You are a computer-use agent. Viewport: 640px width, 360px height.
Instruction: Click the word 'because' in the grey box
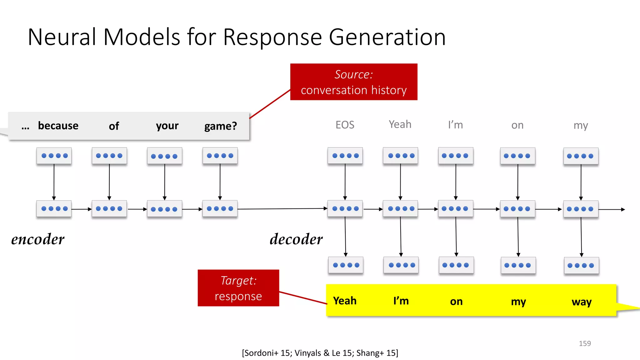click(58, 126)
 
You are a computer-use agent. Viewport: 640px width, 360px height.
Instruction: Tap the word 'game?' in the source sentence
click(220, 126)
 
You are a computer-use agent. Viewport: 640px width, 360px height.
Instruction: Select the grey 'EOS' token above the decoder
click(345, 125)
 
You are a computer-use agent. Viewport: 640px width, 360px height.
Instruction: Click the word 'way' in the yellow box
click(581, 302)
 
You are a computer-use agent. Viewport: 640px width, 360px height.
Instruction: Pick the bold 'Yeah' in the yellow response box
click(345, 301)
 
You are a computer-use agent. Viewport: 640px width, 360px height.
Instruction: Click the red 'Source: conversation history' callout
click(353, 82)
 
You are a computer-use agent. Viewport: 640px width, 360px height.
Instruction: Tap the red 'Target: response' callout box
click(238, 288)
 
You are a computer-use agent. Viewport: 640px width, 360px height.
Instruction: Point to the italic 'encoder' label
click(38, 239)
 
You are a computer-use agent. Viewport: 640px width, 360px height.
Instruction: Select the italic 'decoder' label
click(296, 239)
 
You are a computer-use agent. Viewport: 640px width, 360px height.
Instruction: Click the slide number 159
click(584, 343)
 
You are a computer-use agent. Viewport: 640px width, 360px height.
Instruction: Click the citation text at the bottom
click(320, 353)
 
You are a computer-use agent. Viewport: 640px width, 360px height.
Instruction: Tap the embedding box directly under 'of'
click(109, 156)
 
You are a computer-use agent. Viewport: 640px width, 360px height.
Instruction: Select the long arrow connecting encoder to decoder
click(281, 209)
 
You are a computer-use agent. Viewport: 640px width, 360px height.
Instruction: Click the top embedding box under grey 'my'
click(581, 156)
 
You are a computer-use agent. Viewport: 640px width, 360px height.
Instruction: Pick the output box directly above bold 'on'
click(456, 265)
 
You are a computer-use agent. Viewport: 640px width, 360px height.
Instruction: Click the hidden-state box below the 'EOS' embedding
click(345, 208)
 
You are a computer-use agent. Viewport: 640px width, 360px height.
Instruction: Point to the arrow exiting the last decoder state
click(612, 209)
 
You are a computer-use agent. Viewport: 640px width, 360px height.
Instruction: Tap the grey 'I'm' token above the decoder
click(455, 125)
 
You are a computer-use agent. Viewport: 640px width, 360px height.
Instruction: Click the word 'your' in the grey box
click(167, 126)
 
